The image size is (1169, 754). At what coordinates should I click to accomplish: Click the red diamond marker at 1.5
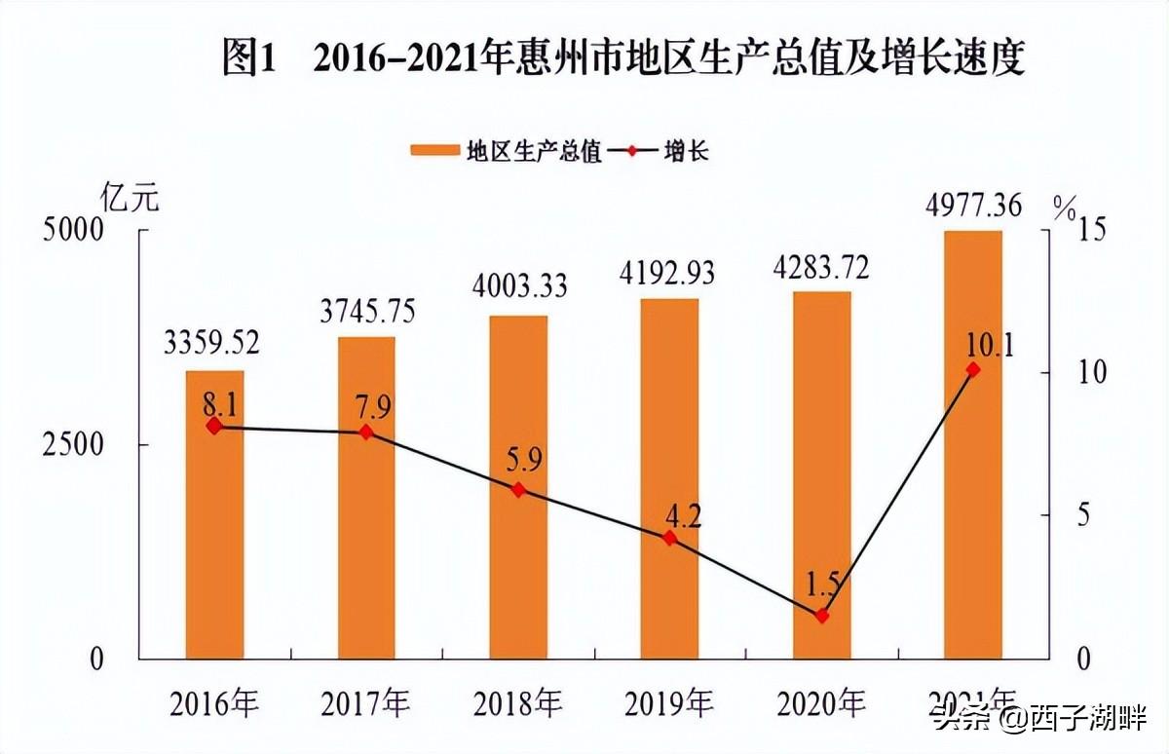pyautogui.click(x=821, y=616)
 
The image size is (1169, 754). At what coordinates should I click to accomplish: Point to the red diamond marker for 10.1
pyautogui.click(x=973, y=370)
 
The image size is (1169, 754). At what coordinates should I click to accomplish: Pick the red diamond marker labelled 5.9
pyautogui.click(x=518, y=490)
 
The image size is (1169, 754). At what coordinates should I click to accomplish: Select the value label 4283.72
pyautogui.click(x=821, y=266)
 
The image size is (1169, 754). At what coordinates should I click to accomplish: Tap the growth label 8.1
pyautogui.click(x=214, y=400)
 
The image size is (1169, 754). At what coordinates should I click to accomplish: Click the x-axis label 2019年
pyautogui.click(x=668, y=702)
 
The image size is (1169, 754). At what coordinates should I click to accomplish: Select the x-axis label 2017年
pyautogui.click(x=365, y=702)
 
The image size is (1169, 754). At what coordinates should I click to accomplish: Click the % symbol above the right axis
pyautogui.click(x=1065, y=206)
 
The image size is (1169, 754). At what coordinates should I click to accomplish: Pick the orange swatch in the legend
pyautogui.click(x=434, y=150)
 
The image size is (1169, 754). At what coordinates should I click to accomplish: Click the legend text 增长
pyautogui.click(x=687, y=150)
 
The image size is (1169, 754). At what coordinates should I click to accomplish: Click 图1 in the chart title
pyautogui.click(x=250, y=59)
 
